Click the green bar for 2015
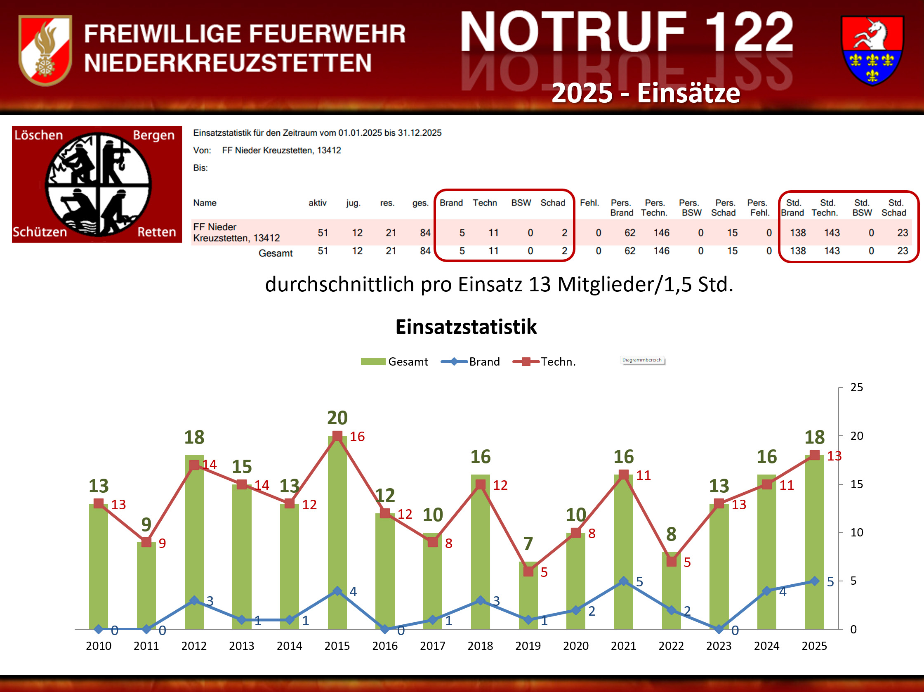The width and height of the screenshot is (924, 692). coord(337,535)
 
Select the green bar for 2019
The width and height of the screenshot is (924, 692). coord(528,598)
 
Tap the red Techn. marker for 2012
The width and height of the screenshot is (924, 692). coord(194,465)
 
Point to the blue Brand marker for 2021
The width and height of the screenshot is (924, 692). coord(623,581)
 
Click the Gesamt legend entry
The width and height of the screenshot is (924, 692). coord(395,362)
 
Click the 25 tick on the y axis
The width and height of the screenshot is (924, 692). coord(856,387)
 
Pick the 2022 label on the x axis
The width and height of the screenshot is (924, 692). coord(671,646)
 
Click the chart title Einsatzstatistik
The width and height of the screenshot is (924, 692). coord(466,327)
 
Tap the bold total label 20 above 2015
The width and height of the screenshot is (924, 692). coord(337,418)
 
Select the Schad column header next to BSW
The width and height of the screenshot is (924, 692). coord(553,203)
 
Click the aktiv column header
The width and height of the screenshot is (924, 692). coord(318,203)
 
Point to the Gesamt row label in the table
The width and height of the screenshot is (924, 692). coord(275,253)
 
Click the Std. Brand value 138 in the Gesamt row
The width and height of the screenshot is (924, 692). coord(798,251)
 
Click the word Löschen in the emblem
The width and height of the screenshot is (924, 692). coord(38,135)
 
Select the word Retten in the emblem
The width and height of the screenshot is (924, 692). coord(157,232)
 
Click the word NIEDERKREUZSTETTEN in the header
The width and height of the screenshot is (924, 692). coord(228,63)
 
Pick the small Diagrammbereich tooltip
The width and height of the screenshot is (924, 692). coord(642,360)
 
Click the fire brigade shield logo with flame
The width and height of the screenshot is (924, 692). coord(45,50)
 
